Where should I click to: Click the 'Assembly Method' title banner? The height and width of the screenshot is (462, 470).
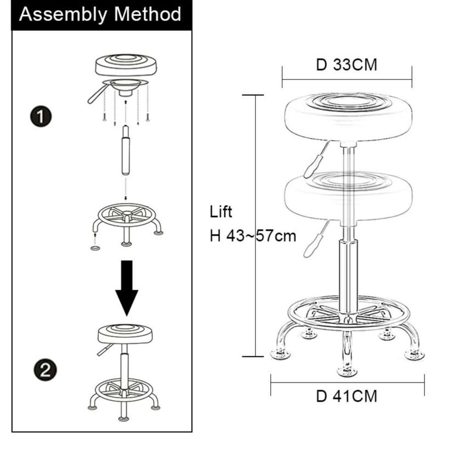(101, 15)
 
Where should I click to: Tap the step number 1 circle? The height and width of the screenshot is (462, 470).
(41, 116)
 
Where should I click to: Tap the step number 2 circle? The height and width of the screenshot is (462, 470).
(45, 370)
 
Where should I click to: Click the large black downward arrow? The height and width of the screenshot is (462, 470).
(127, 288)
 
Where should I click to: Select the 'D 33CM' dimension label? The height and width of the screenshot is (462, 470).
(347, 64)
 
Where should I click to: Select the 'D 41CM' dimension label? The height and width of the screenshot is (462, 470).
(347, 396)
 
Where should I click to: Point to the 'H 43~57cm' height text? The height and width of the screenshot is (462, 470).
(253, 236)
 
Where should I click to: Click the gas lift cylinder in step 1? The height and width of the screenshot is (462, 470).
(126, 150)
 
